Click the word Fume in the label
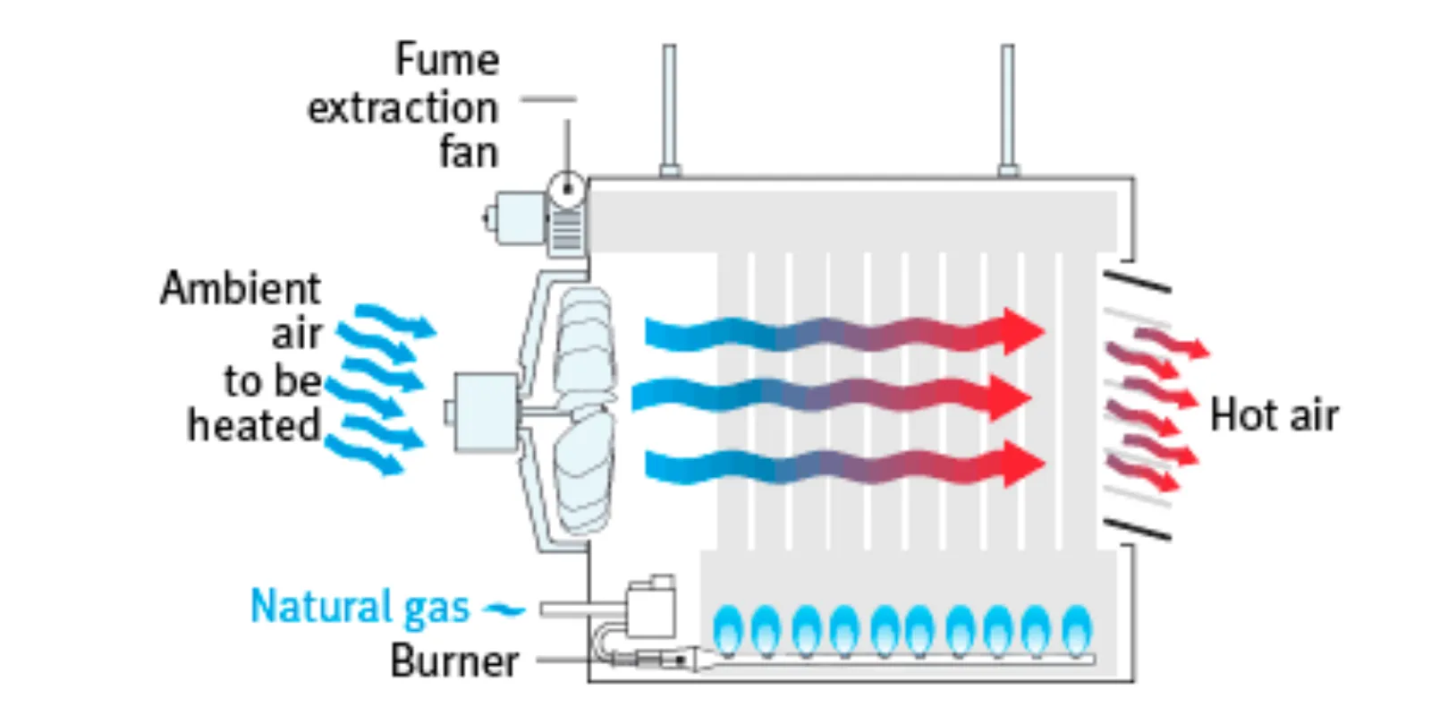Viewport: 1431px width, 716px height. pos(447,61)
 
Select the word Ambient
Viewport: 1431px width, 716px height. pos(240,289)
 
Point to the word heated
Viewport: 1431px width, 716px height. pos(254,425)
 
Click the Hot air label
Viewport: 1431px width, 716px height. pos(1274,416)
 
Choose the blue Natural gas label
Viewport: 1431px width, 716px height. pos(360,607)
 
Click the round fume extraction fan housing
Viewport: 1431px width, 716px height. pos(566,189)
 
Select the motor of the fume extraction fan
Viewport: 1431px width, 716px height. pos(517,217)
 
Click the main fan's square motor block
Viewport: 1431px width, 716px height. pos(486,412)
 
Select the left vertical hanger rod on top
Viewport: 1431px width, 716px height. pos(669,107)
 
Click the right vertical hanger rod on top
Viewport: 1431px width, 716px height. pos(1008,107)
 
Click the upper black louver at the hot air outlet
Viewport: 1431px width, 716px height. pos(1137,282)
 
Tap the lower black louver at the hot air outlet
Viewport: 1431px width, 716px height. pos(1137,529)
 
